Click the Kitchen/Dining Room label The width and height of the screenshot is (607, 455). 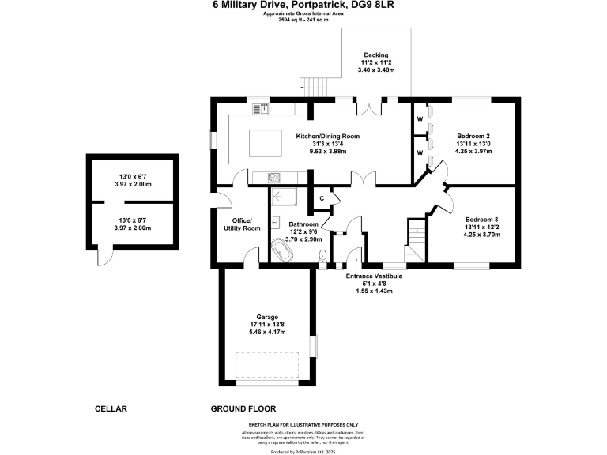[x=327, y=137]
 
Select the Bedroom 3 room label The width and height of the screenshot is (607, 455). [x=481, y=219]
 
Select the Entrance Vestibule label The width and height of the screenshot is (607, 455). [x=375, y=276]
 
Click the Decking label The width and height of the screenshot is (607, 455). [x=377, y=55]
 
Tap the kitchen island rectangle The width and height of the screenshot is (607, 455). [x=266, y=144]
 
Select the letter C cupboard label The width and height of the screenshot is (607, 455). [x=322, y=198]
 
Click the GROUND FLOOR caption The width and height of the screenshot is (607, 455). [x=243, y=408]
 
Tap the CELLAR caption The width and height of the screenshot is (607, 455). [x=111, y=408]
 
